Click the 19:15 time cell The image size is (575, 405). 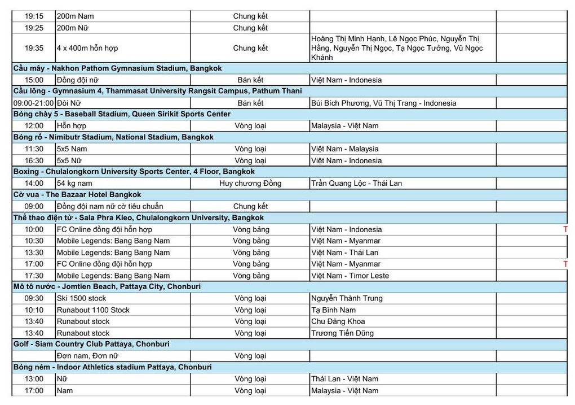[x=34, y=16]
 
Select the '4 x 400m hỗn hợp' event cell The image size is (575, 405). [x=87, y=49]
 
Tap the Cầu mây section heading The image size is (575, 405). [x=117, y=68]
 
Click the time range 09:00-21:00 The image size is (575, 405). [x=34, y=103]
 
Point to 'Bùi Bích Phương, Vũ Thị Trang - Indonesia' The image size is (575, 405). [x=383, y=103]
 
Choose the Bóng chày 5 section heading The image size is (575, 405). [x=122, y=114]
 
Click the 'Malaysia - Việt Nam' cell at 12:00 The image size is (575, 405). [x=344, y=126]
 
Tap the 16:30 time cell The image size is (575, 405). [x=34, y=160]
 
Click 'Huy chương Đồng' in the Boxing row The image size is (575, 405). [x=250, y=183]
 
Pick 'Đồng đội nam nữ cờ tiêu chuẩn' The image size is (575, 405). [x=110, y=206]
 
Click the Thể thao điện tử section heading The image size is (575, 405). [x=138, y=217]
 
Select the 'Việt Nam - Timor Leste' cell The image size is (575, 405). [x=350, y=276]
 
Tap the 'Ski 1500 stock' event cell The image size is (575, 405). [x=81, y=298]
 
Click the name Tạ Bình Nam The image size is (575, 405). [x=333, y=310]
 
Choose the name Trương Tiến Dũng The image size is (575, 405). [x=342, y=333]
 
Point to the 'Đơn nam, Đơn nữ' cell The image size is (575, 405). [x=87, y=356]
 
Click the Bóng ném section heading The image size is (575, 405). [x=112, y=367]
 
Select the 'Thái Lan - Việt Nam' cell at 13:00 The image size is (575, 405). [x=344, y=379]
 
